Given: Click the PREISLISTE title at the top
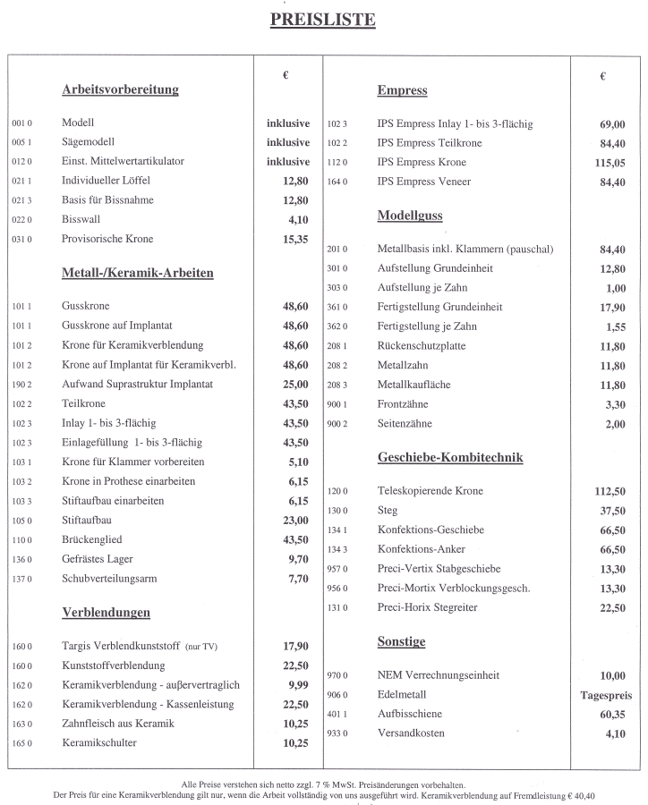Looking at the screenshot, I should (323, 20).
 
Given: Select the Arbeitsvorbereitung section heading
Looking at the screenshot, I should (120, 89).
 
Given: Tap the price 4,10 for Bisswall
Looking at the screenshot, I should (297, 219).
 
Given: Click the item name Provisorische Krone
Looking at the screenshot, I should (107, 239).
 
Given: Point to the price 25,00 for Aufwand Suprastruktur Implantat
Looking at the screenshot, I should (294, 384).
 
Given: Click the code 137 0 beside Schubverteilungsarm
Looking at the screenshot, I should (22, 580).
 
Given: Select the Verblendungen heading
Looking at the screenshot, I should (106, 613).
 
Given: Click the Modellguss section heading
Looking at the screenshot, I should (410, 216).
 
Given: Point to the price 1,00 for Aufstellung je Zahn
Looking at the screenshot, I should (615, 288).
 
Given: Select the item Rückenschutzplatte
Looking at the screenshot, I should (421, 345).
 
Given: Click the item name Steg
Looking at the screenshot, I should (387, 510).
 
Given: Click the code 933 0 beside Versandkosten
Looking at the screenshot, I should (337, 734).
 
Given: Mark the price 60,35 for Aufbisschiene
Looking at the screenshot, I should (611, 715).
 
